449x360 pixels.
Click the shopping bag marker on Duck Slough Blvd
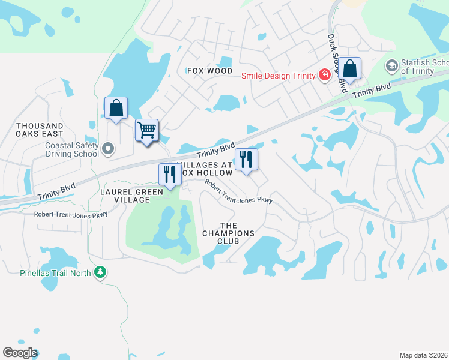[x=349, y=70]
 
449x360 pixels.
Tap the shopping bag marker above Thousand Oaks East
[x=116, y=109]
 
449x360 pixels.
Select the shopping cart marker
[x=147, y=129]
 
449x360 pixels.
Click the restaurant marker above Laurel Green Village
[x=169, y=175]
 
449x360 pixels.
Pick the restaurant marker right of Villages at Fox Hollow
[x=246, y=159]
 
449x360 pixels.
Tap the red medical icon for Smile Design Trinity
[x=325, y=75]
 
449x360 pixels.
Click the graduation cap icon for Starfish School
[x=392, y=65]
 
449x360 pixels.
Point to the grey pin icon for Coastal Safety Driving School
[x=108, y=148]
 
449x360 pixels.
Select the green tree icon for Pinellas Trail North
[x=101, y=273]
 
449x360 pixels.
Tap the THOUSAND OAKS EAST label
[x=40, y=130]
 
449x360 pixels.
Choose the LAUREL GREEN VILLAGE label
[x=132, y=196]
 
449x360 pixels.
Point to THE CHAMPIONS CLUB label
[x=228, y=233]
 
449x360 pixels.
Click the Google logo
[x=20, y=353]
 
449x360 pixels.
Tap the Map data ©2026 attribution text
[x=423, y=355]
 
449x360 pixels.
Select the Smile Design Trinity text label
[x=279, y=75]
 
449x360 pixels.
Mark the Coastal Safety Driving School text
[x=72, y=149]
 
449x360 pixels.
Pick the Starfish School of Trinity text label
[x=424, y=67]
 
